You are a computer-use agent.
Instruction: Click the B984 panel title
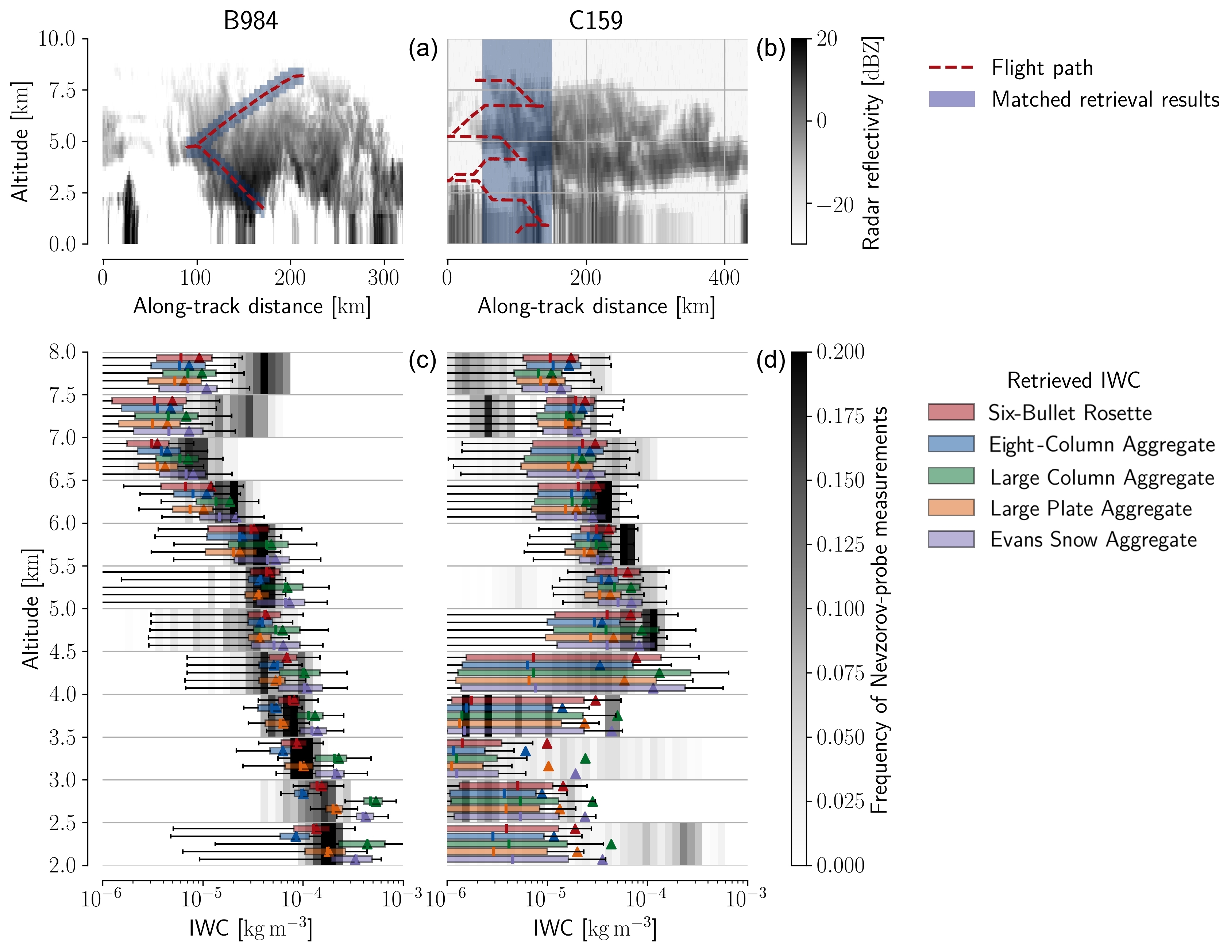[x=250, y=21]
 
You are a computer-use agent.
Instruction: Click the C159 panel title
[x=596, y=21]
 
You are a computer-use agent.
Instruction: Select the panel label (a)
[x=423, y=49]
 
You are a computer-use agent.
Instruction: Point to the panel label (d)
[x=771, y=360]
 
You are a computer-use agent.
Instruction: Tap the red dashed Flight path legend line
[x=952, y=68]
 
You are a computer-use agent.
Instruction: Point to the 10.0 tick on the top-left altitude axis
[x=56, y=39]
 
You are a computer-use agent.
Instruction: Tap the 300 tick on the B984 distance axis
[x=383, y=277]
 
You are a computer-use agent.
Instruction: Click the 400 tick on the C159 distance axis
[x=724, y=277]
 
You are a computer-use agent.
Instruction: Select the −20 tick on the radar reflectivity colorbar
[x=836, y=205]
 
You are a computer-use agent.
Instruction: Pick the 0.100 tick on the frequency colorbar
[x=840, y=609]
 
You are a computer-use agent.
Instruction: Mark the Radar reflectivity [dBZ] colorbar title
[x=871, y=143]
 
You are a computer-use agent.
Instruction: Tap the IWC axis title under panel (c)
[x=250, y=928]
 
